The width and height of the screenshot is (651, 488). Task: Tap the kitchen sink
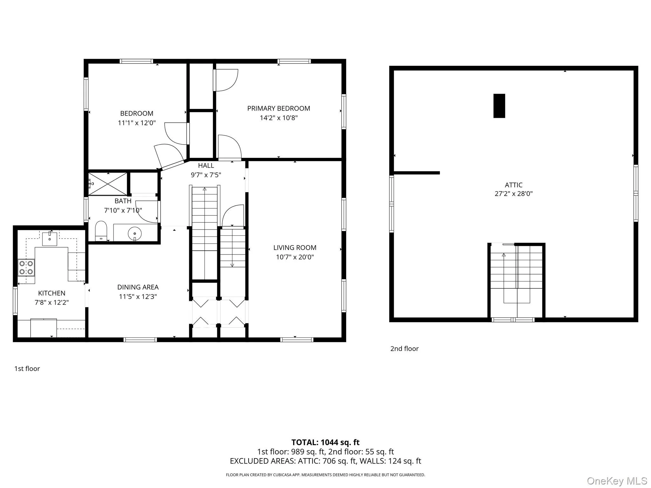[x=50, y=239]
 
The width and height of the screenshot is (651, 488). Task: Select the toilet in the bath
[x=101, y=231]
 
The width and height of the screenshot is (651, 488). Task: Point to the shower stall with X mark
[x=107, y=184]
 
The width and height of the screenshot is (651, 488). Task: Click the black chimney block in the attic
[x=499, y=106]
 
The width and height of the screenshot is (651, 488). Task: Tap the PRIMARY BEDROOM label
[x=278, y=108]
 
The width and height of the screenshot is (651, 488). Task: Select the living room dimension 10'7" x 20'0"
[x=295, y=257]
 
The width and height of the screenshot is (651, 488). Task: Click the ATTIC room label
[x=513, y=185]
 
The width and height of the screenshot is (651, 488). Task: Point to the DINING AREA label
[x=138, y=287]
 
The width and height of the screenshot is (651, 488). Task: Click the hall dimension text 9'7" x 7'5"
[x=206, y=175]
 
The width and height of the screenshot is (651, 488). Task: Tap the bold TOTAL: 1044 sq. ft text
[x=325, y=442]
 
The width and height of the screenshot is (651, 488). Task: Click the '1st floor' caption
[x=27, y=369]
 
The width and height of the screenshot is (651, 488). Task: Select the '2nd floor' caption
[x=404, y=349]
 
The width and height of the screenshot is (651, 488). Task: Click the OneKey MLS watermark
[x=617, y=481]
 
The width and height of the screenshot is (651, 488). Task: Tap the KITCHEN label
[x=51, y=293]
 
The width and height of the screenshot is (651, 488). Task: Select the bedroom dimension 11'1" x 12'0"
[x=137, y=123]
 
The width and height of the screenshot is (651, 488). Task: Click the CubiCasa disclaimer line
[x=325, y=475]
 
